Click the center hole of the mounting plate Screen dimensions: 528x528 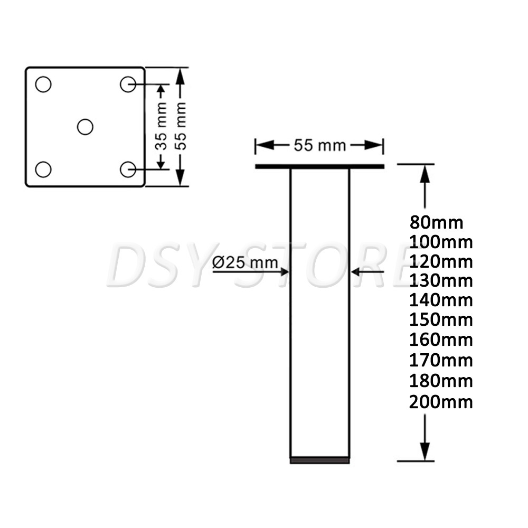[x=85, y=127]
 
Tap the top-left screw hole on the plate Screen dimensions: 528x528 [x=43, y=84]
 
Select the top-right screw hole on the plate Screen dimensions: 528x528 [x=128, y=84]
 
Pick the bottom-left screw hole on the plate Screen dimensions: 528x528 [x=43, y=169]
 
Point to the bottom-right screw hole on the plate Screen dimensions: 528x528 [x=128, y=169]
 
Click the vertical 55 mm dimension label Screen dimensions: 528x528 [x=182, y=127]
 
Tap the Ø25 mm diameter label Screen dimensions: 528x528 [x=245, y=263]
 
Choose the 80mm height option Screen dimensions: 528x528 [x=436, y=222]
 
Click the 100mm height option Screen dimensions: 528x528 [x=441, y=242]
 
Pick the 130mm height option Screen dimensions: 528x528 [x=441, y=280]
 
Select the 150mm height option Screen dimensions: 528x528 [x=441, y=320]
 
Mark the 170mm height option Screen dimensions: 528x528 [x=441, y=361]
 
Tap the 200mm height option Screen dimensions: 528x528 [x=441, y=402]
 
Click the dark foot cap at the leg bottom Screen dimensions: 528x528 [x=319, y=460]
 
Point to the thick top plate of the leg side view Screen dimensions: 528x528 [x=319, y=166]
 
